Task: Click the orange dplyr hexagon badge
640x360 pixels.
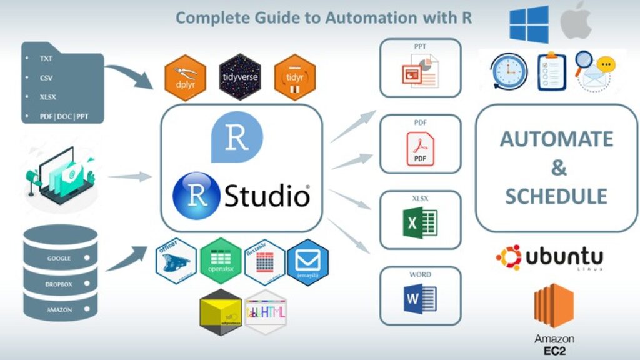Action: [x=185, y=77]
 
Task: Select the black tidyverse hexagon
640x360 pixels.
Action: [x=240, y=77]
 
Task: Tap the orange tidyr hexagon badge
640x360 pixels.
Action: [x=294, y=77]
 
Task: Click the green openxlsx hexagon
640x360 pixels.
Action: [x=221, y=261]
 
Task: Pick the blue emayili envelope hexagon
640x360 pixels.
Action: [x=307, y=261]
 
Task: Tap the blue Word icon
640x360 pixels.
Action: [x=420, y=299]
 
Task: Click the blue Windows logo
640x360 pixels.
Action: [x=529, y=24]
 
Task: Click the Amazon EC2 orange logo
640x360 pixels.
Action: [x=554, y=306]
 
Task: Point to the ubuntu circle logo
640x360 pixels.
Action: [x=509, y=257]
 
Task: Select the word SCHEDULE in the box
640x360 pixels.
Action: [x=556, y=196]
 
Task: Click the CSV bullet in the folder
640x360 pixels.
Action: [x=46, y=78]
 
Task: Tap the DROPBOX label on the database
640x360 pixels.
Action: [x=59, y=284]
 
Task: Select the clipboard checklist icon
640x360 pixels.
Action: [x=551, y=71]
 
